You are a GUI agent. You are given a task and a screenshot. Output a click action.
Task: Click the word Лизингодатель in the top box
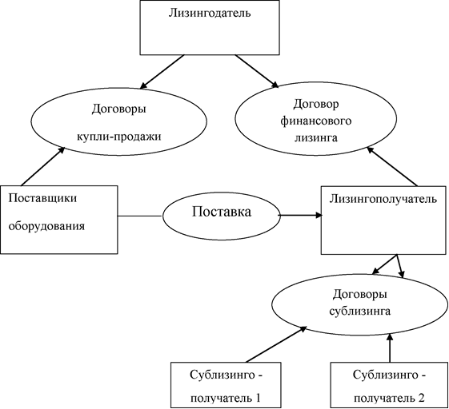pos(210,14)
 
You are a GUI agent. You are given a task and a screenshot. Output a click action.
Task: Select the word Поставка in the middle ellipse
pos(222,212)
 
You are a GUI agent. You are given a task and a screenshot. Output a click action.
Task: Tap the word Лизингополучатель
pos(383,199)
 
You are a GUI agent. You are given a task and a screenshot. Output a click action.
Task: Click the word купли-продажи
pos(118,137)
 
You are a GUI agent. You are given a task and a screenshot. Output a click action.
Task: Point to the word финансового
pos(315,121)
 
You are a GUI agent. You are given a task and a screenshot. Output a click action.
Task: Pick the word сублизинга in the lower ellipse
pos(360,311)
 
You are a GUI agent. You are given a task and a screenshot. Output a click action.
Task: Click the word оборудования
pos(46,226)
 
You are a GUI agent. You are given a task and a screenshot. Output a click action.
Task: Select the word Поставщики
pos(42,198)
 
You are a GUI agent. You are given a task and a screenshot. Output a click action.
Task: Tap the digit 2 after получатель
pos(421,398)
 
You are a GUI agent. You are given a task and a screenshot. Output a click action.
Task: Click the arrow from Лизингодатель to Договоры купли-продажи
pos(162,71)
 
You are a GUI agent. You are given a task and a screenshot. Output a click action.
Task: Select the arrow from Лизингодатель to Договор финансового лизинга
pos(257,71)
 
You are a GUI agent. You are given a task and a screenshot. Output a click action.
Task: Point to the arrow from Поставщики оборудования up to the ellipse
pos(43,166)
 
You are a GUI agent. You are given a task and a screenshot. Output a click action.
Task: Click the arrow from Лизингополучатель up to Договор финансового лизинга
pos(392,166)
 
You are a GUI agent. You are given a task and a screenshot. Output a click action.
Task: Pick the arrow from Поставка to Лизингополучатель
pos(300,215)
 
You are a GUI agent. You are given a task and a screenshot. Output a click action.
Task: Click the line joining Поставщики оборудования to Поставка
pos(140,216)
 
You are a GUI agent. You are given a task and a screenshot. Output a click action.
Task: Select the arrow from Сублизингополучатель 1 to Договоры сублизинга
pos(276,343)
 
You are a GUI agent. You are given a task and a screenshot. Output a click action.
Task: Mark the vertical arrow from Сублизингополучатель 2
pos(390,347)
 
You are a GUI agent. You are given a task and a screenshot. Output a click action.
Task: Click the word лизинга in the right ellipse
pos(316,138)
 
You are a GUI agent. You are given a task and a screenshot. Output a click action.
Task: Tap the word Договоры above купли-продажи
pos(118,109)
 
